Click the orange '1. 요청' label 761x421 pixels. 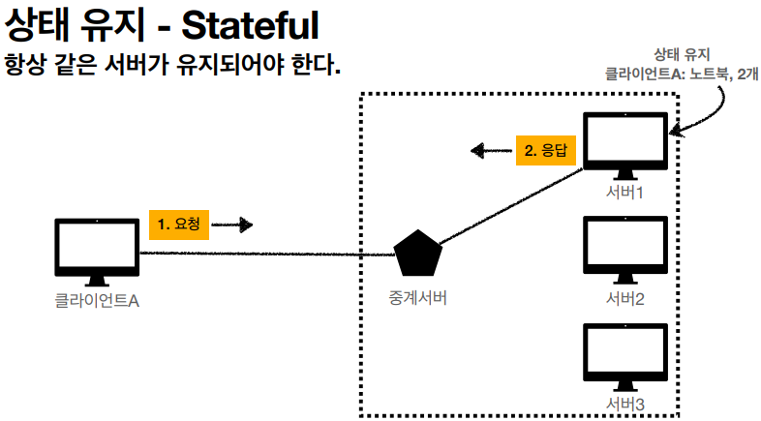pyautogui.click(x=178, y=225)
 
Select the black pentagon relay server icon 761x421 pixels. pyautogui.click(x=418, y=255)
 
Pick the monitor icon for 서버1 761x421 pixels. pyautogui.click(x=625, y=143)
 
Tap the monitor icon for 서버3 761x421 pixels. pyautogui.click(x=625, y=354)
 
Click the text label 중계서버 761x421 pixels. pyautogui.click(x=418, y=296)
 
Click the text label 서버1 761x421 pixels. pyautogui.click(x=625, y=192)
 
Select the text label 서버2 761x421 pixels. pyautogui.click(x=625, y=297)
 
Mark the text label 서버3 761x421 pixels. pyautogui.click(x=625, y=402)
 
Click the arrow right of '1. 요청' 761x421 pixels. pyautogui.click(x=232, y=225)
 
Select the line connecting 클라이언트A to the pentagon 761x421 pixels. pyautogui.click(x=271, y=255)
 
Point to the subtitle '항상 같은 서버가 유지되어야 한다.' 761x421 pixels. pyautogui.click(x=174, y=68)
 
